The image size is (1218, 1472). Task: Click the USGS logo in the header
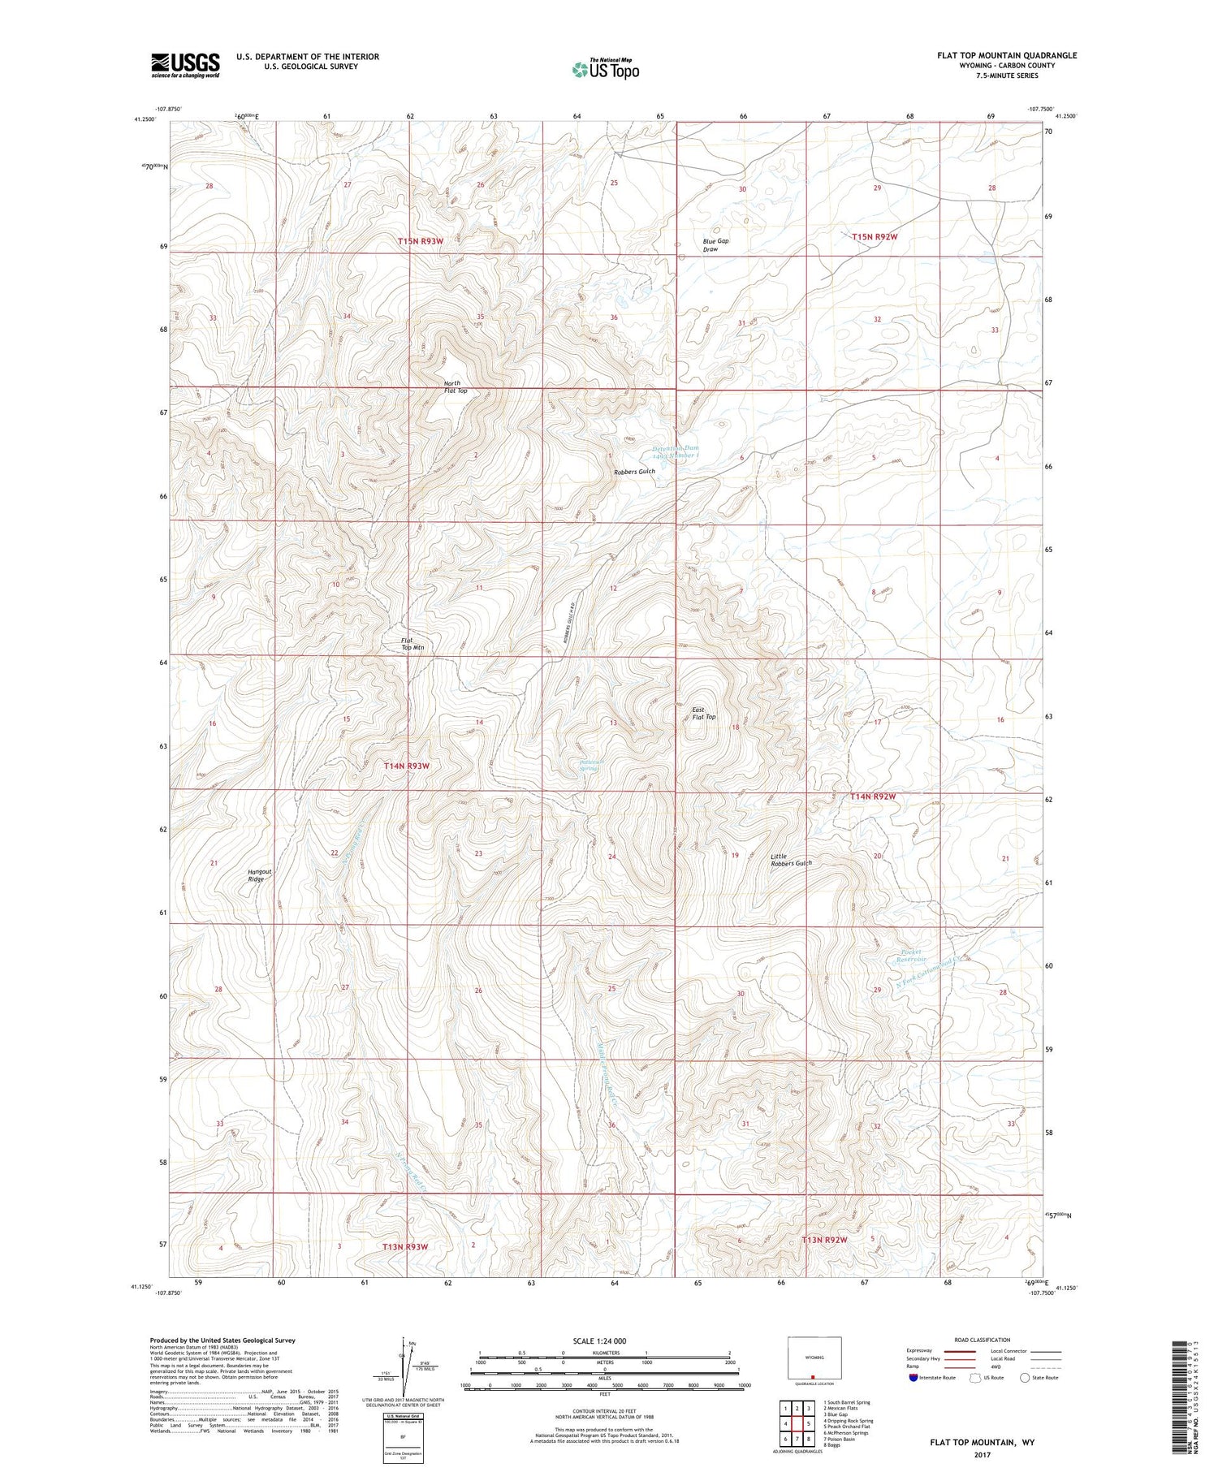point(185,65)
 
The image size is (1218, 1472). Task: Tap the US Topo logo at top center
point(605,70)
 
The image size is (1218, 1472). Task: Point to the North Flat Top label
point(456,387)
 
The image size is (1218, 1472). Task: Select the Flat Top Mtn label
point(412,644)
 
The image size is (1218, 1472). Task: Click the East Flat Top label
point(703,713)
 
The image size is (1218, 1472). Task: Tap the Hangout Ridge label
point(259,875)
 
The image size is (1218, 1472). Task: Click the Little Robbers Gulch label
point(791,860)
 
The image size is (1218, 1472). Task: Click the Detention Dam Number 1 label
point(676,451)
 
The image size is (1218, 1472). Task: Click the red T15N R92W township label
point(875,236)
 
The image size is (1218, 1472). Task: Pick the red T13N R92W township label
point(824,1240)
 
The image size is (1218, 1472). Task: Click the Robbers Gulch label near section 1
point(634,472)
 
